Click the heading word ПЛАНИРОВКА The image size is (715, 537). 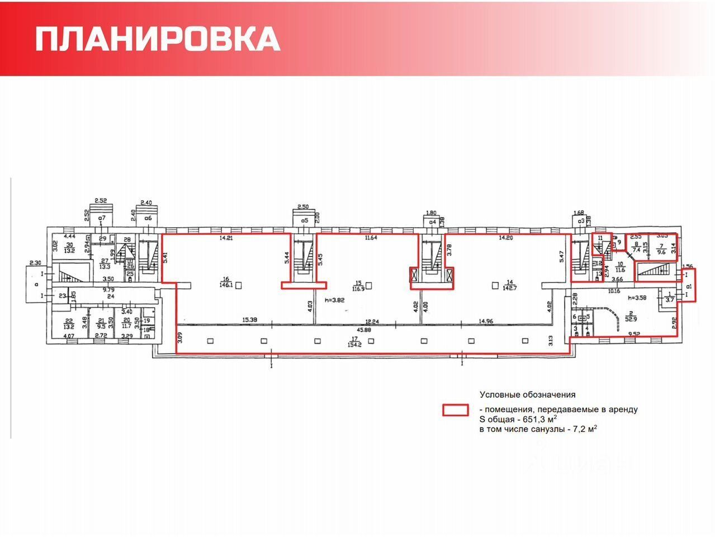158,39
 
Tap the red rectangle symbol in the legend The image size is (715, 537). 455,410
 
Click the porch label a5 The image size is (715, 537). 305,220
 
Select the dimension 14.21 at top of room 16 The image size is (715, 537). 226,238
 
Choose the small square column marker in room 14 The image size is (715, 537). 494,285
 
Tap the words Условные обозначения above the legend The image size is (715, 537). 527,394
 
